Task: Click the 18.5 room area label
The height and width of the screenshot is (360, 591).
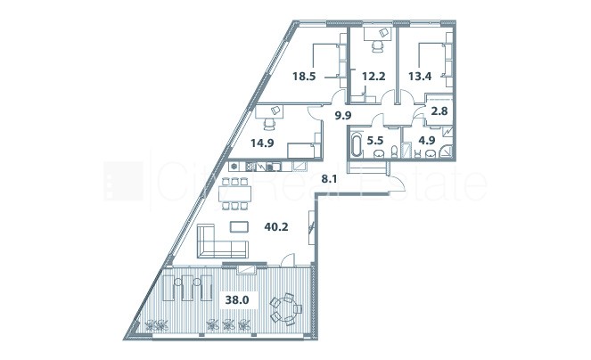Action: [x=304, y=77]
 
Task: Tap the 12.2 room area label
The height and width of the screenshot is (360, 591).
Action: [x=373, y=77]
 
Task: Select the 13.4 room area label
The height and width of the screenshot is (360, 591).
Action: [x=420, y=77]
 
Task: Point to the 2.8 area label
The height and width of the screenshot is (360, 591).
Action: [x=439, y=111]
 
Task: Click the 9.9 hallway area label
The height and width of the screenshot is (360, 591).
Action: [x=343, y=115]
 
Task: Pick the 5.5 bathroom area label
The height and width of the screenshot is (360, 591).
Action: [x=374, y=141]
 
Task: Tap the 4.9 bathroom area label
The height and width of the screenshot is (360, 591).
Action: [x=427, y=141]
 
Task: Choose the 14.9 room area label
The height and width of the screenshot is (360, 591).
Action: [x=262, y=143]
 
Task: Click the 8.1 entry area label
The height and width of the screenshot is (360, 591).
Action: [x=329, y=179]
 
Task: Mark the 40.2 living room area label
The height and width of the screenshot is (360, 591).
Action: [x=276, y=227]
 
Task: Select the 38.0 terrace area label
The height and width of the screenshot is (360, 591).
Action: [x=237, y=300]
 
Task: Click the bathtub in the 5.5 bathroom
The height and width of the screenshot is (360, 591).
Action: [x=357, y=144]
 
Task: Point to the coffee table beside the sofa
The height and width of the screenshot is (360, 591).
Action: [x=239, y=227]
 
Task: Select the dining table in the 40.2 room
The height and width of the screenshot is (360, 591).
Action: [x=234, y=193]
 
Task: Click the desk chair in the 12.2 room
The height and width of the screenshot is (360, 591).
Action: [x=378, y=46]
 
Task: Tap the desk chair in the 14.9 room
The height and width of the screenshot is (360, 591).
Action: [x=269, y=125]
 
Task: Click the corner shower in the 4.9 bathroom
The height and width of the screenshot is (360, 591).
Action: [x=446, y=151]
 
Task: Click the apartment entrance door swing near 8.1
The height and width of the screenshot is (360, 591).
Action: [x=397, y=183]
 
